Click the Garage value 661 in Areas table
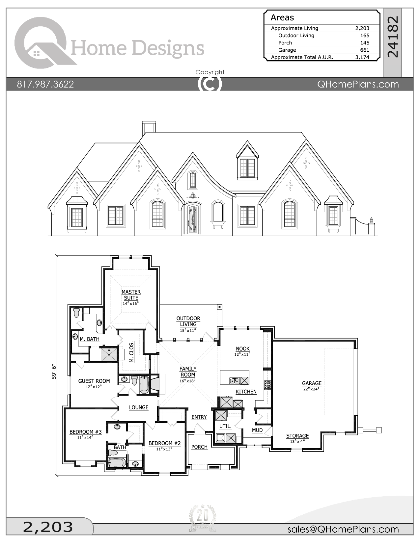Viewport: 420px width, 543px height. [364, 50]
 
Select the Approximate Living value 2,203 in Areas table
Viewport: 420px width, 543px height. [362, 28]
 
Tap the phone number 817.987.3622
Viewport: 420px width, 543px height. [45, 84]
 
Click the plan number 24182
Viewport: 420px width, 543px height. [393, 37]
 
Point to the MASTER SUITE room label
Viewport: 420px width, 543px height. [131, 295]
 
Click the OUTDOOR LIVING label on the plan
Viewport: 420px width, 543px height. [188, 321]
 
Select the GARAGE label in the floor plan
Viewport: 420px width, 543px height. [312, 383]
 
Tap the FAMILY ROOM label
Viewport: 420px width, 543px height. [188, 372]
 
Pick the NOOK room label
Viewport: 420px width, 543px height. [242, 349]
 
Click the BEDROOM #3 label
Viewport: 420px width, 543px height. [85, 432]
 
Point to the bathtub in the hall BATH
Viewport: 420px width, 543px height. [117, 462]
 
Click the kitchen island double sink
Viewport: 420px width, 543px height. [234, 381]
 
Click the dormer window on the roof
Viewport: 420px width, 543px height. [247, 168]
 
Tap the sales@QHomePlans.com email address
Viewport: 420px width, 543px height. [343, 529]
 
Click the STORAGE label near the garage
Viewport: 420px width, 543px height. [297, 436]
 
